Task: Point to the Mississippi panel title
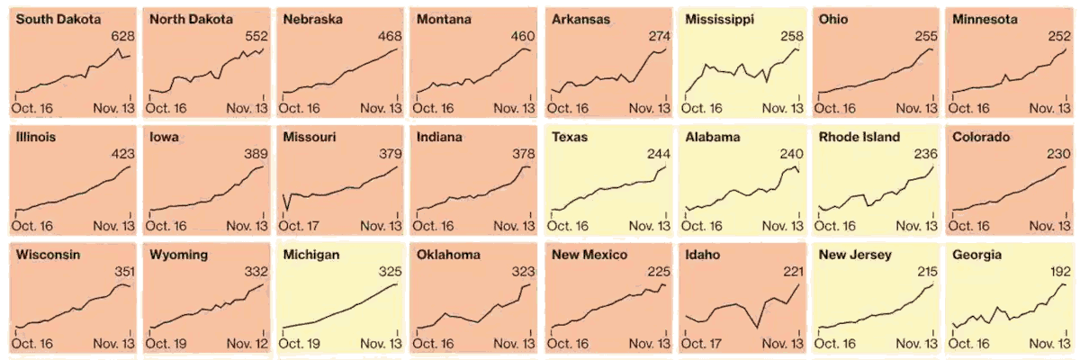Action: click(720, 19)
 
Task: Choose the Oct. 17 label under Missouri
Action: click(303, 225)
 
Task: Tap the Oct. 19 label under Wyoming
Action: click(168, 343)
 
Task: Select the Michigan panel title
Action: click(310, 256)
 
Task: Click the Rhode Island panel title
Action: click(863, 138)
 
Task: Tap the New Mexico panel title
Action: click(589, 256)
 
